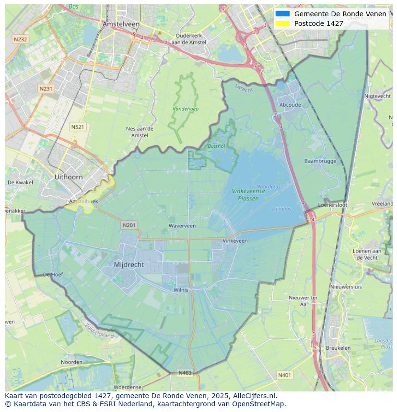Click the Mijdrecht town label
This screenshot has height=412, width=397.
coord(129,265)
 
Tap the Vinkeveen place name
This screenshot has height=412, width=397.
coord(235,241)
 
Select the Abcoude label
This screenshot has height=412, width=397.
coord(290,105)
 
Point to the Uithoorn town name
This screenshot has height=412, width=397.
coord(69,177)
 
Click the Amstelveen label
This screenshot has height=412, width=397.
coord(121,24)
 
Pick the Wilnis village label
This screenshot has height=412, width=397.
coord(181,290)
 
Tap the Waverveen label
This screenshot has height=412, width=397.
coord(182,225)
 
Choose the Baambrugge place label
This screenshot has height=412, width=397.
coord(320,161)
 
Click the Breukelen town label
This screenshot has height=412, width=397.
coord(338,348)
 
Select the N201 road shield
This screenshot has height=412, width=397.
coord(129,225)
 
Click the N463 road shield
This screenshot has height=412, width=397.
coord(185,373)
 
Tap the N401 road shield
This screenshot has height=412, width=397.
coord(284,376)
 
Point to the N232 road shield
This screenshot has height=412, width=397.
coord(20,39)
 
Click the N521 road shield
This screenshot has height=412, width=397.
coord(77,127)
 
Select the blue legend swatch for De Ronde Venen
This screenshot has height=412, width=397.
coord(282,14)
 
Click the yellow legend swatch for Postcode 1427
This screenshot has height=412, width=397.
coord(282,23)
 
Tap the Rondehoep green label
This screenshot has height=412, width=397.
coord(186,109)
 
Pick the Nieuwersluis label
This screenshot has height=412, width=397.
coord(346,287)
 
